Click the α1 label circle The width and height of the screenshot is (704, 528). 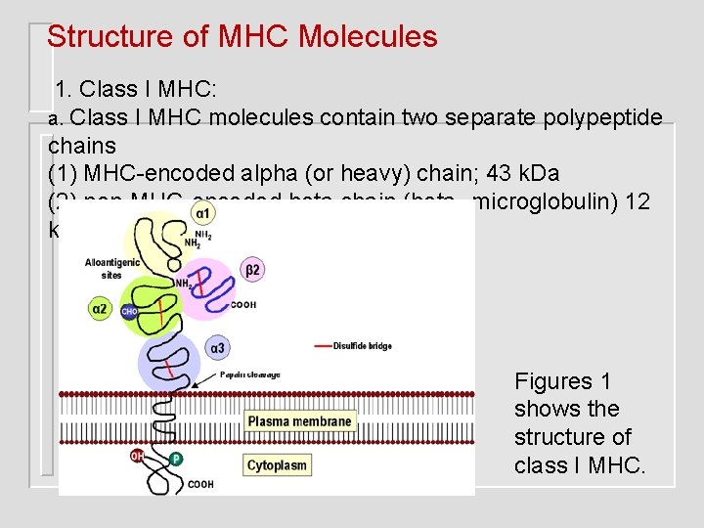pyautogui.click(x=201, y=212)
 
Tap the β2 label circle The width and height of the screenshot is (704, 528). pyautogui.click(x=252, y=270)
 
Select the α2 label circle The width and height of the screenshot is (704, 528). pyautogui.click(x=100, y=309)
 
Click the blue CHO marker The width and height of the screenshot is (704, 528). pyautogui.click(x=129, y=312)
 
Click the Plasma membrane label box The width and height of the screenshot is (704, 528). pyautogui.click(x=299, y=421)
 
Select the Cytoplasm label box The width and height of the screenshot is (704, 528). pyautogui.click(x=277, y=464)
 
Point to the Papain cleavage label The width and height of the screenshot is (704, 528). pyautogui.click(x=249, y=374)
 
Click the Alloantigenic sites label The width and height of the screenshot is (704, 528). pyautogui.click(x=112, y=268)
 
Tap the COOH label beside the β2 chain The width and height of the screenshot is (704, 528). pyautogui.click(x=243, y=305)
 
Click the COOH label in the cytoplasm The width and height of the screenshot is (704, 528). pyautogui.click(x=200, y=484)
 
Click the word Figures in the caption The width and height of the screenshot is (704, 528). pyautogui.click(x=553, y=381)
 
